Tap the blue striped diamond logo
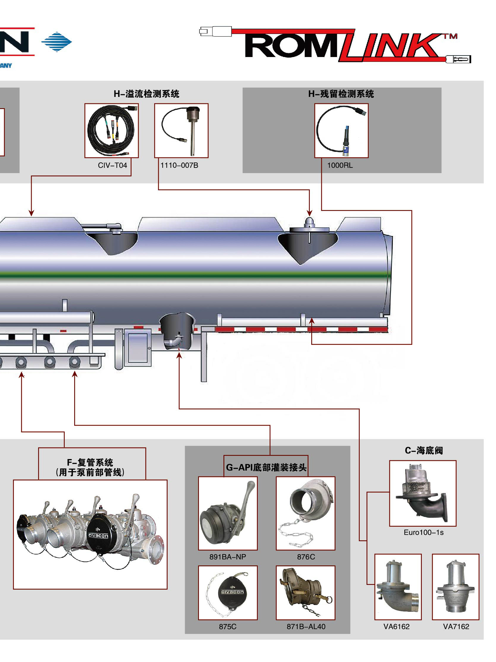(x=56, y=42)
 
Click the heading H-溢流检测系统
(x=146, y=94)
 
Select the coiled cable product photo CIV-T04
(x=111, y=131)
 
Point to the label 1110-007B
(x=179, y=165)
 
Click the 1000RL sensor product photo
(x=341, y=131)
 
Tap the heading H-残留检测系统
(x=341, y=94)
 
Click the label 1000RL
(x=340, y=165)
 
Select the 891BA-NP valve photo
(x=228, y=513)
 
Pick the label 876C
(x=306, y=557)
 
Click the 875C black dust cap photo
(x=228, y=593)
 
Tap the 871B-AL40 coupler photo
(x=305, y=593)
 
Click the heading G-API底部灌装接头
(x=266, y=467)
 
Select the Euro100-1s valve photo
(x=422, y=493)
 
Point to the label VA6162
(x=396, y=626)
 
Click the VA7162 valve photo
(x=455, y=587)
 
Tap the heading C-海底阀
(x=424, y=450)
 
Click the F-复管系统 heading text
(x=90, y=462)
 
